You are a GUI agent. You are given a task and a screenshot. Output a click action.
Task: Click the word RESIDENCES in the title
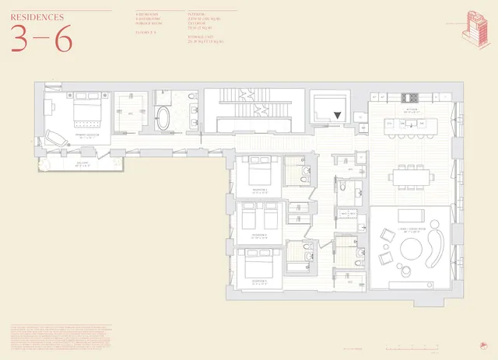pyautogui.click(x=37, y=15)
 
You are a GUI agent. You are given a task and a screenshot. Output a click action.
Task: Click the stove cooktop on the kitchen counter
pyautogui.click(x=409, y=97)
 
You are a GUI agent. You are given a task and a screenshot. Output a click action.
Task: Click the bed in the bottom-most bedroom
pyautogui.click(x=255, y=265)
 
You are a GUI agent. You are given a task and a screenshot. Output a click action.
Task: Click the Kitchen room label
pyautogui.click(x=411, y=109)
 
